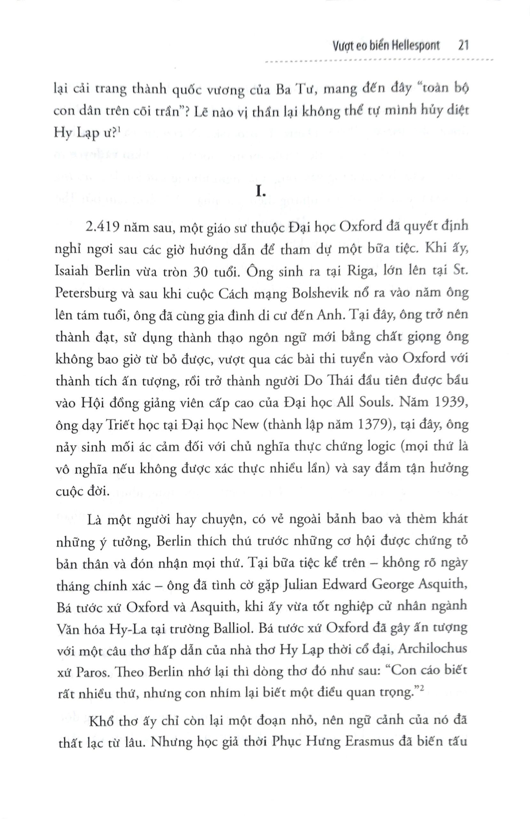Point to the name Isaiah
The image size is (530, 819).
click(x=74, y=272)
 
